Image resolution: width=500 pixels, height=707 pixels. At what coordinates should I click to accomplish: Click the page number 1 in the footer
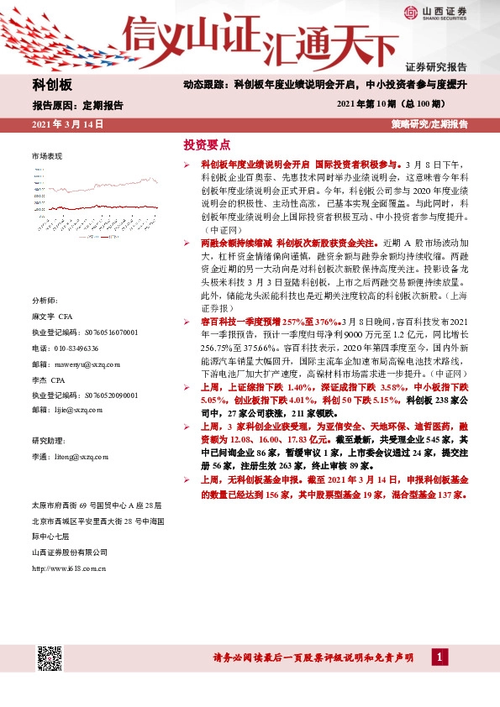click(x=439, y=657)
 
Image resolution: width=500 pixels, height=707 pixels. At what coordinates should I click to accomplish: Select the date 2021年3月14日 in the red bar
click(x=67, y=124)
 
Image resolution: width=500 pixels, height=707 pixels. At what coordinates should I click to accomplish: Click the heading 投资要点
click(x=206, y=144)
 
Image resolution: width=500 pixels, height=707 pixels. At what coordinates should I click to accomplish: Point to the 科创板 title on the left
click(x=52, y=86)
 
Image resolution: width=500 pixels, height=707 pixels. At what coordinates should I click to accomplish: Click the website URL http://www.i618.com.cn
click(x=68, y=568)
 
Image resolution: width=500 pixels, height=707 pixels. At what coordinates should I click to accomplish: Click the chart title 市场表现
click(x=47, y=157)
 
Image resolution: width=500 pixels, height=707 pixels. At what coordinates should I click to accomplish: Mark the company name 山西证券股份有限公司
click(x=70, y=552)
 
